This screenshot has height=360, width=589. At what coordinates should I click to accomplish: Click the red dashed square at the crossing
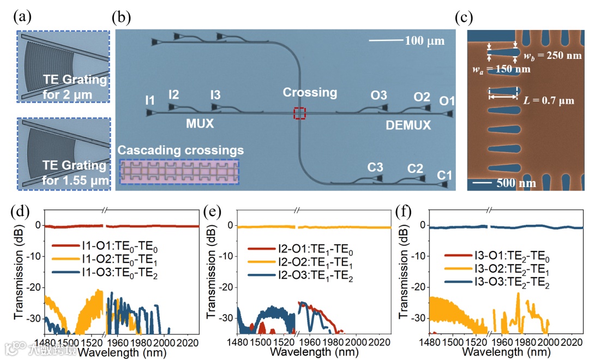tap(300, 113)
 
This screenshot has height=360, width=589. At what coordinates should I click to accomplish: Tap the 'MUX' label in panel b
tap(199, 124)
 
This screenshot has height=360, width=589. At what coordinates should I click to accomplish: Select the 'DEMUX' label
tap(408, 125)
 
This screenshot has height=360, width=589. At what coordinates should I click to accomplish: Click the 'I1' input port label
tap(150, 100)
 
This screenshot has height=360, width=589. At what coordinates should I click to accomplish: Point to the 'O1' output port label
tap(447, 101)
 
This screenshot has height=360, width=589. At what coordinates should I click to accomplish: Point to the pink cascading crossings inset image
tap(179, 171)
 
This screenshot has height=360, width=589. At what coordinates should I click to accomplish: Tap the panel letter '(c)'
tap(464, 17)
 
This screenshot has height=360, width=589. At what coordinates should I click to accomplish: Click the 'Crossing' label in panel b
tap(310, 93)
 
